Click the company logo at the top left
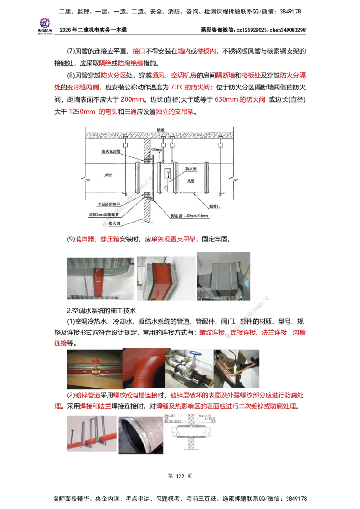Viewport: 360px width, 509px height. (x=45, y=25)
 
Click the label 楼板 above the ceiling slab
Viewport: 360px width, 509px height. (x=160, y=129)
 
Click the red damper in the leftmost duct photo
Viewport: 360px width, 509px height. (x=98, y=281)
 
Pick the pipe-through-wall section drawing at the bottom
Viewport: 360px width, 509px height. (x=191, y=433)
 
